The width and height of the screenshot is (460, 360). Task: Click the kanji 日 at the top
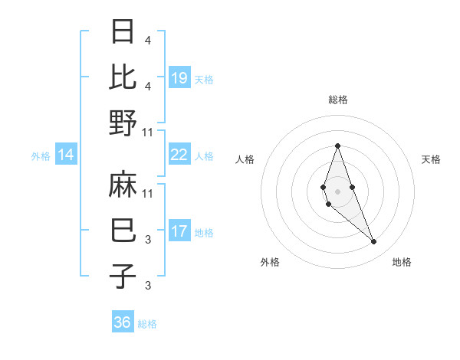point(123,31)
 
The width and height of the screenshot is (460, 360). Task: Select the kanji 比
point(123,77)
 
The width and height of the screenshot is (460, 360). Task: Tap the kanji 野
point(123,123)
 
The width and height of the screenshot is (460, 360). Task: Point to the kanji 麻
point(123,185)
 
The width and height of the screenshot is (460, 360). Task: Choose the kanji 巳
point(123,230)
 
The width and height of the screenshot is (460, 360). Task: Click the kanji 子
point(123,276)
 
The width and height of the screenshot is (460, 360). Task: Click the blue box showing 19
point(179,77)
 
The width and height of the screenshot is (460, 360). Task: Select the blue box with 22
point(179,155)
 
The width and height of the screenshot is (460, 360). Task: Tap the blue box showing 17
point(179,231)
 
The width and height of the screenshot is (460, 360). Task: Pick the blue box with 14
point(66,155)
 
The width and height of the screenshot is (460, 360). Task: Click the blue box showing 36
point(123,322)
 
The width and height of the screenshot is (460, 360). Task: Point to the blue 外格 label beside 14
point(41,155)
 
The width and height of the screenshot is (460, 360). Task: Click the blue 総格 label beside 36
point(147,323)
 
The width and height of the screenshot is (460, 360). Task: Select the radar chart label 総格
point(337,100)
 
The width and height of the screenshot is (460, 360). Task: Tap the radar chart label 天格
point(431,159)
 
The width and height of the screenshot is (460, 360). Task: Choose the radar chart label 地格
point(402,262)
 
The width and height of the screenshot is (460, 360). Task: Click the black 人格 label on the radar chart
point(245,159)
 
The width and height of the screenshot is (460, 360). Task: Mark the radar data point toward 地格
point(374,242)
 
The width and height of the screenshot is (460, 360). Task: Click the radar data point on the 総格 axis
point(337,146)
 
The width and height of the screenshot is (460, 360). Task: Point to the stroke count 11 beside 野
point(148,132)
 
